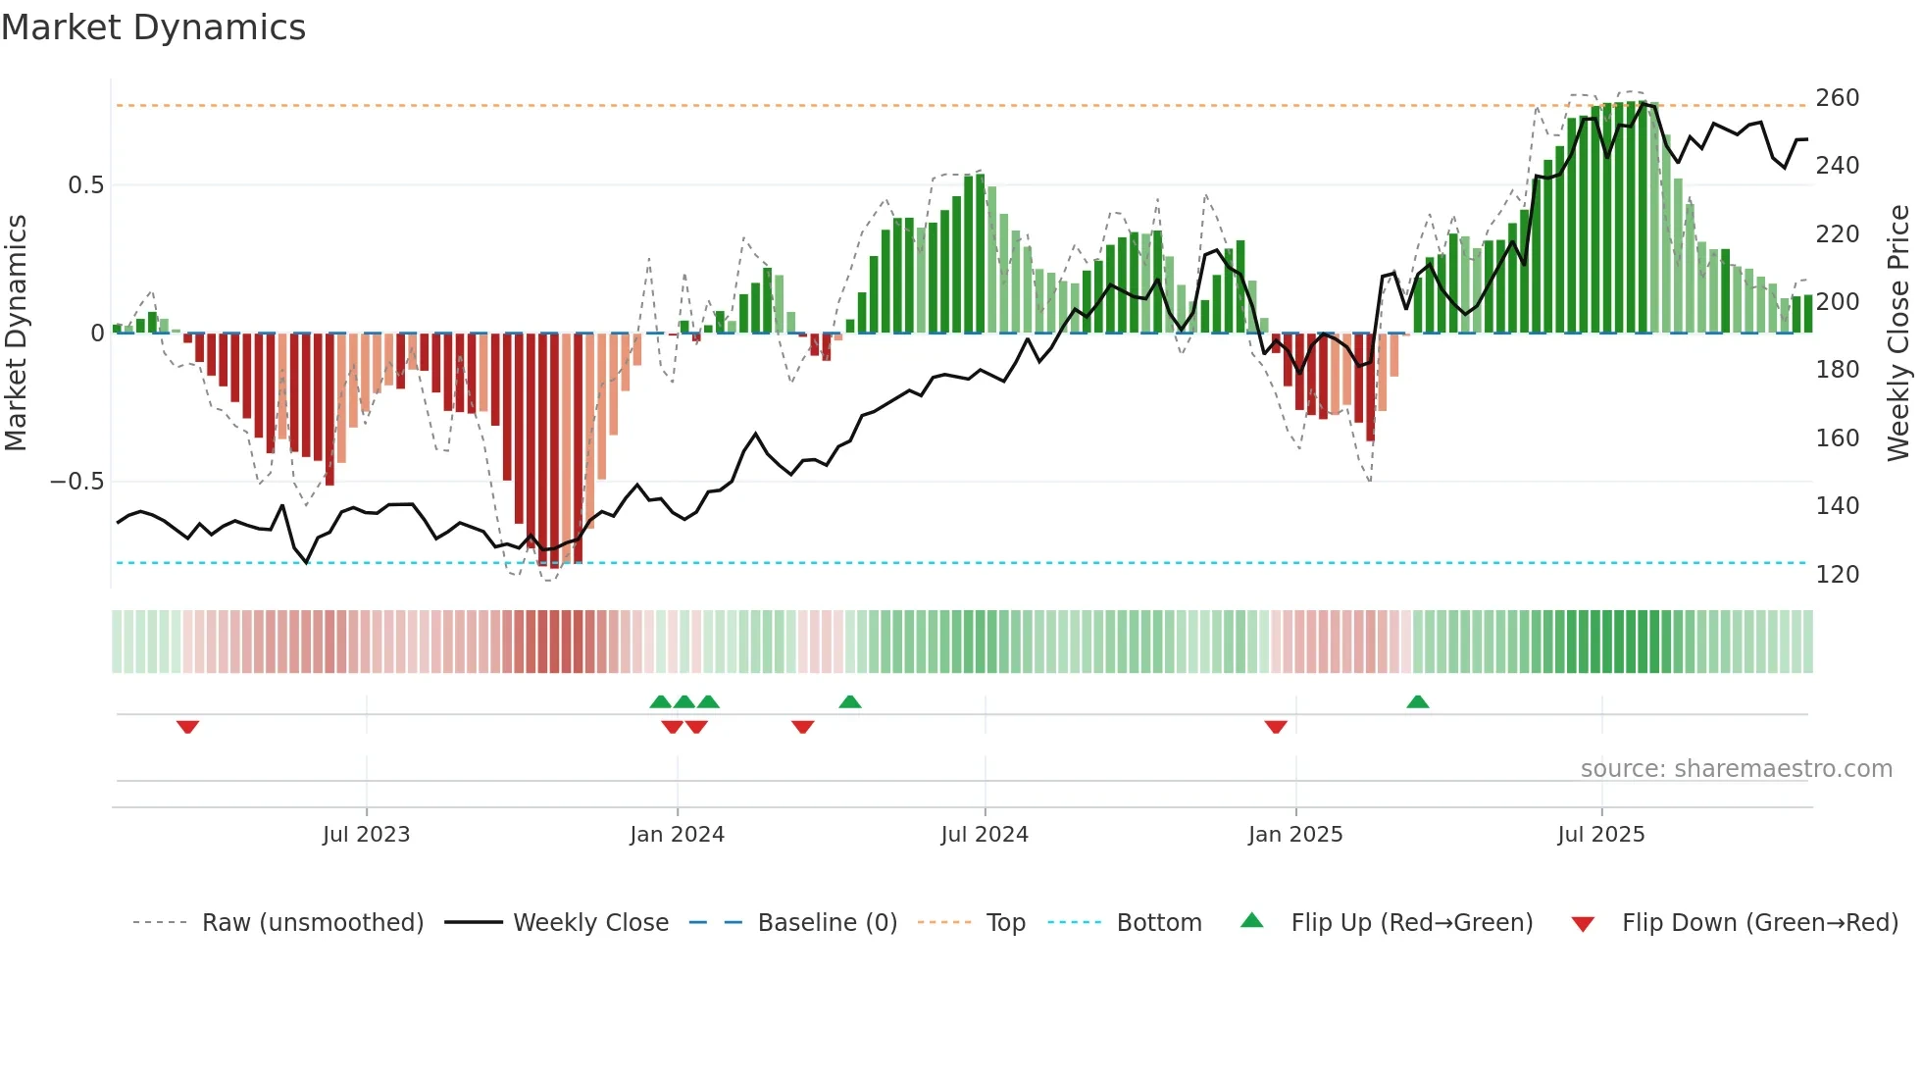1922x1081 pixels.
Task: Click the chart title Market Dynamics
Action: pyautogui.click(x=153, y=27)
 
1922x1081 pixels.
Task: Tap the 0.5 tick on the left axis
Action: pyautogui.click(x=85, y=185)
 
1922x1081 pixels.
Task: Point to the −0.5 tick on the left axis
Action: pyautogui.click(x=76, y=482)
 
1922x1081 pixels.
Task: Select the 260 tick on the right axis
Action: pyautogui.click(x=1837, y=98)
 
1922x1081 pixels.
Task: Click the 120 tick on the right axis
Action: pyautogui.click(x=1837, y=575)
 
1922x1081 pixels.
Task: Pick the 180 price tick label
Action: pyautogui.click(x=1837, y=370)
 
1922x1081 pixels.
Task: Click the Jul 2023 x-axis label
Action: pyautogui.click(x=366, y=835)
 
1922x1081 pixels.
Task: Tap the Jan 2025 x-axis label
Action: pyautogui.click(x=1294, y=835)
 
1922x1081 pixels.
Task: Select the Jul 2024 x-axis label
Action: pyautogui.click(x=984, y=835)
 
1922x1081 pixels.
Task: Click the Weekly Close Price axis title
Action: pyautogui.click(x=1898, y=334)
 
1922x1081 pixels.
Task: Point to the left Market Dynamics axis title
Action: pyautogui.click(x=16, y=334)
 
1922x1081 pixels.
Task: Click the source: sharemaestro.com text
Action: pyautogui.click(x=1736, y=769)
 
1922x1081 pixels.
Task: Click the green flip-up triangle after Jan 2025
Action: pyautogui.click(x=1417, y=701)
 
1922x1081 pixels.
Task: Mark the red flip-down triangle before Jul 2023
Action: pyautogui.click(x=187, y=727)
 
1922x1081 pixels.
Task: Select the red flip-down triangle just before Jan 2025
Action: pyautogui.click(x=1275, y=727)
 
